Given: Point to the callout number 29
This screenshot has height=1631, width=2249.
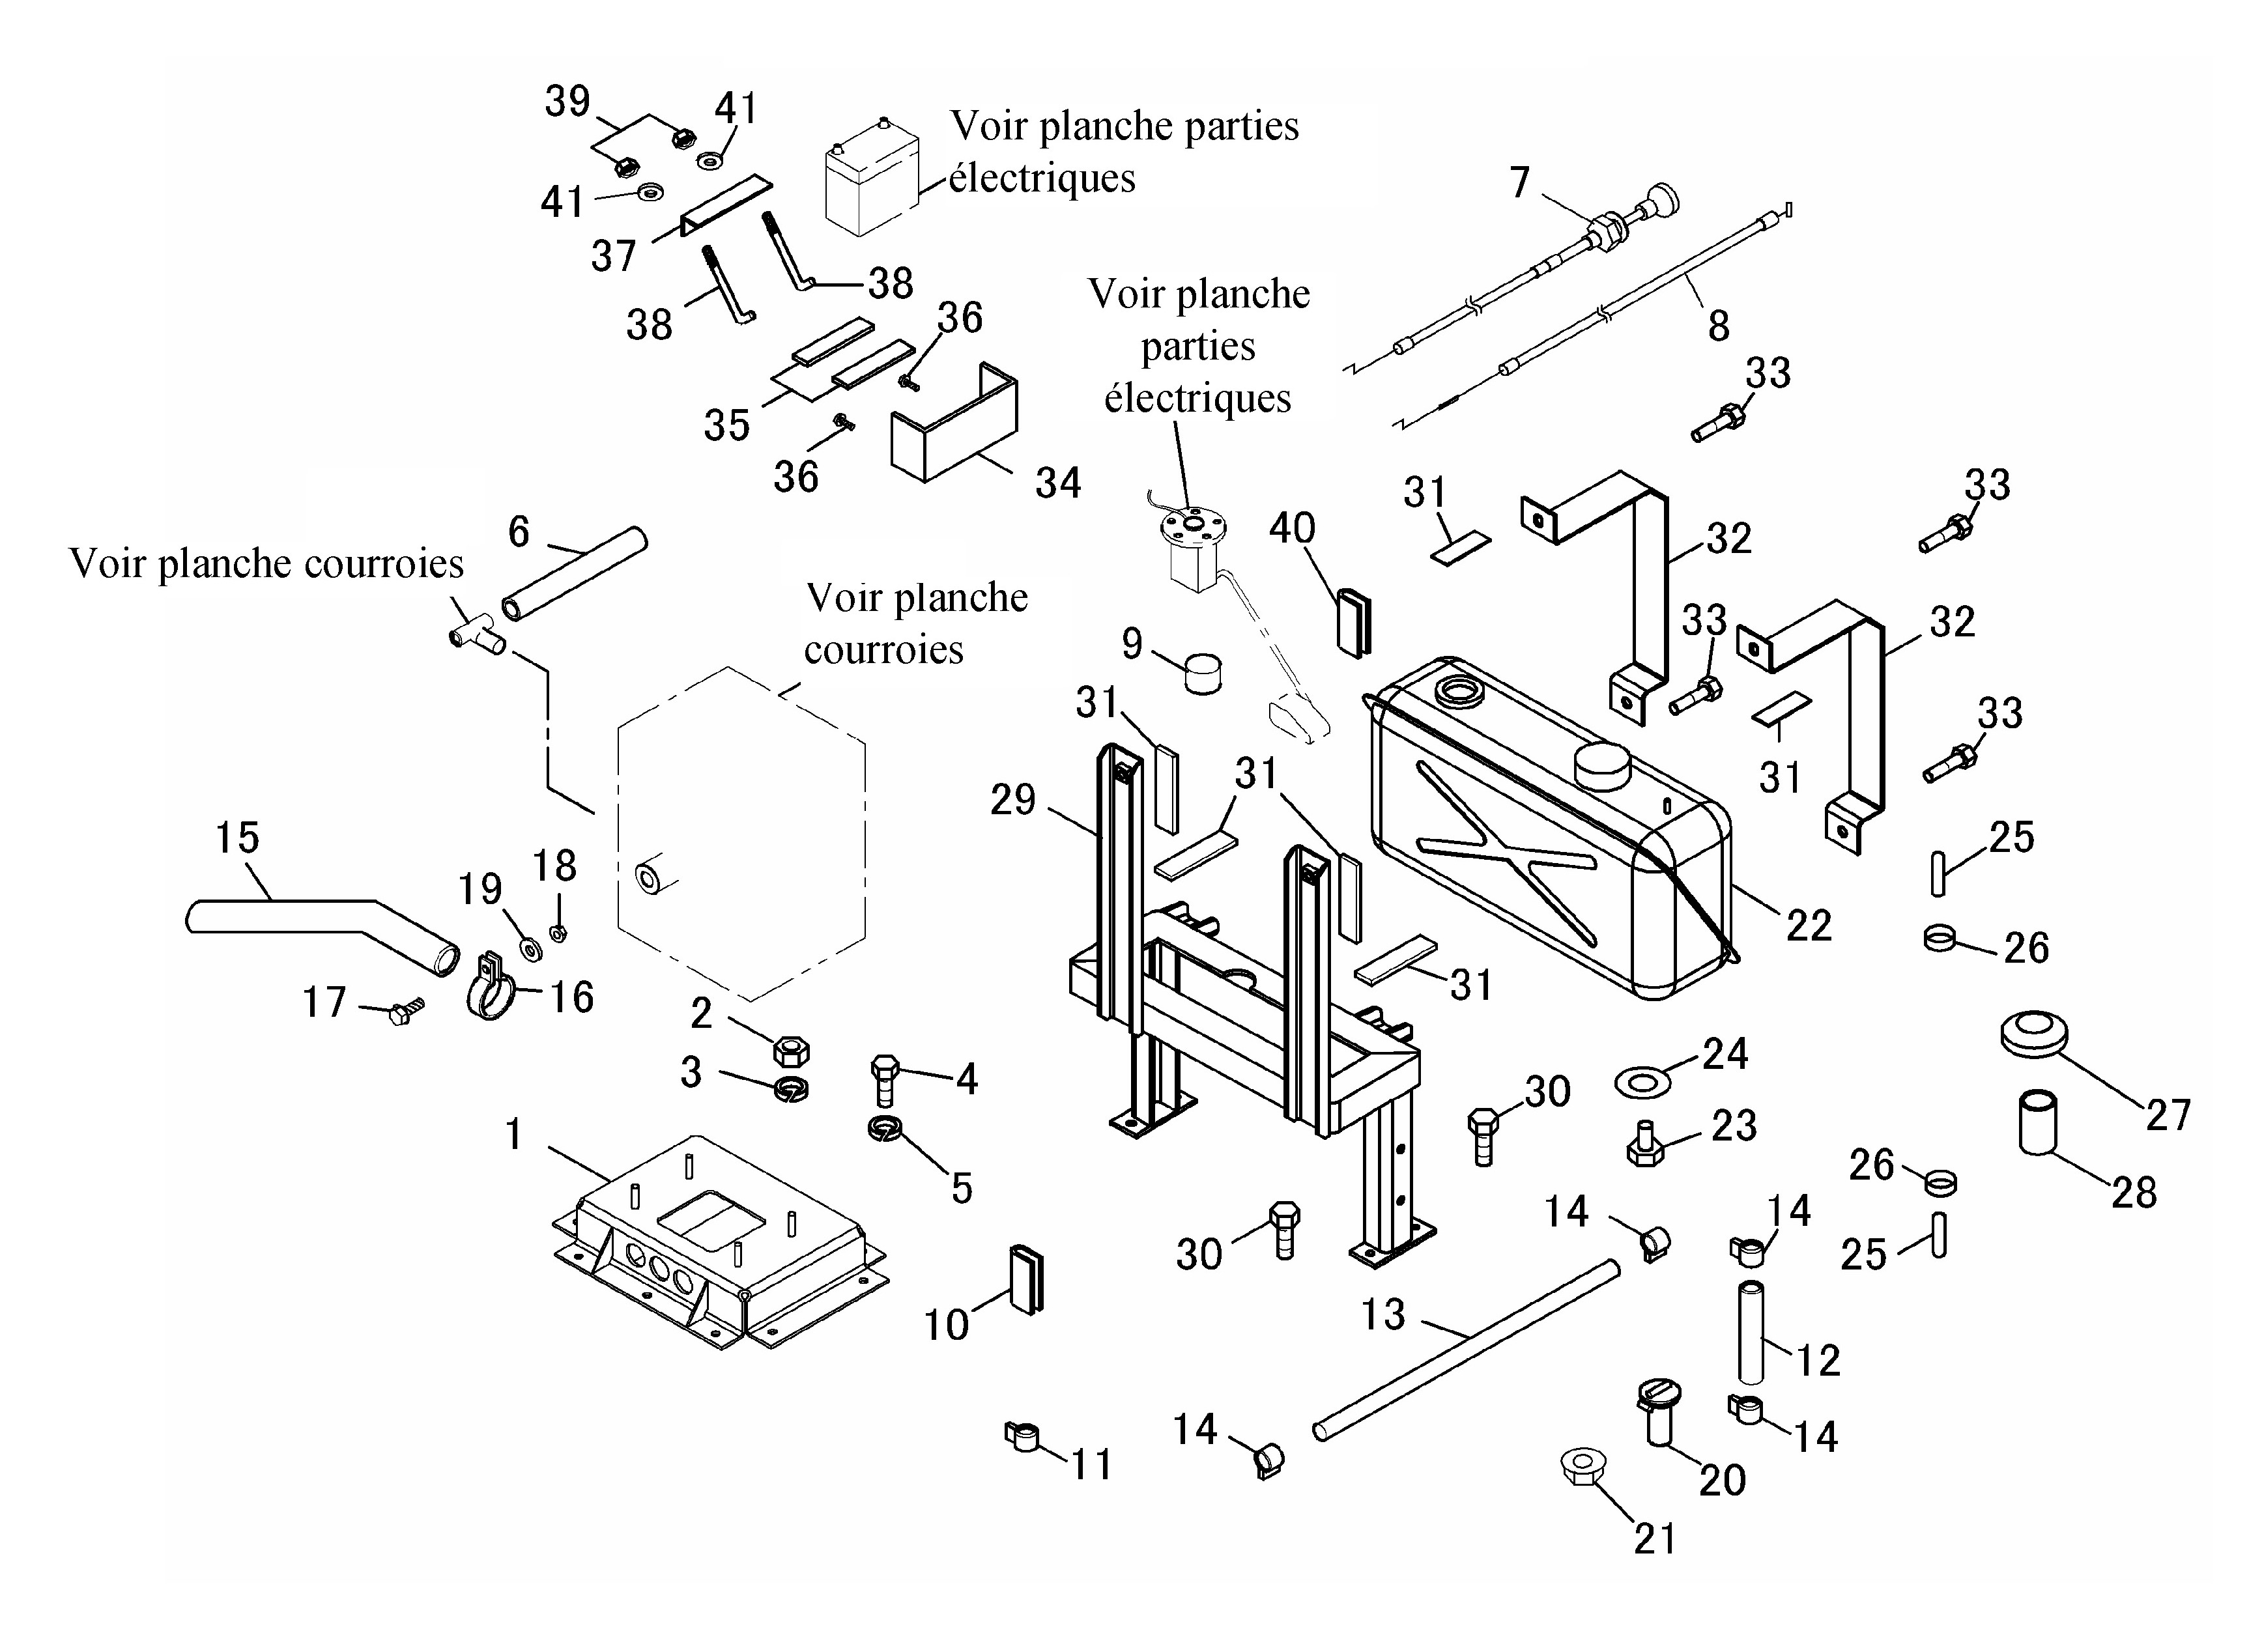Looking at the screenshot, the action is pyautogui.click(x=1012, y=799).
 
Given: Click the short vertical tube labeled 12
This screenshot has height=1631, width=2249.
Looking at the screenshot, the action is pyautogui.click(x=1752, y=1333).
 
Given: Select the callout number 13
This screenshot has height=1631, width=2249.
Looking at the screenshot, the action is pyautogui.click(x=1383, y=1314).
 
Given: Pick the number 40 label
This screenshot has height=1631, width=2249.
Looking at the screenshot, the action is pyautogui.click(x=1292, y=528).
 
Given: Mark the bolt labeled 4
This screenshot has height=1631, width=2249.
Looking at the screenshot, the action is pyautogui.click(x=885, y=1080).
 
